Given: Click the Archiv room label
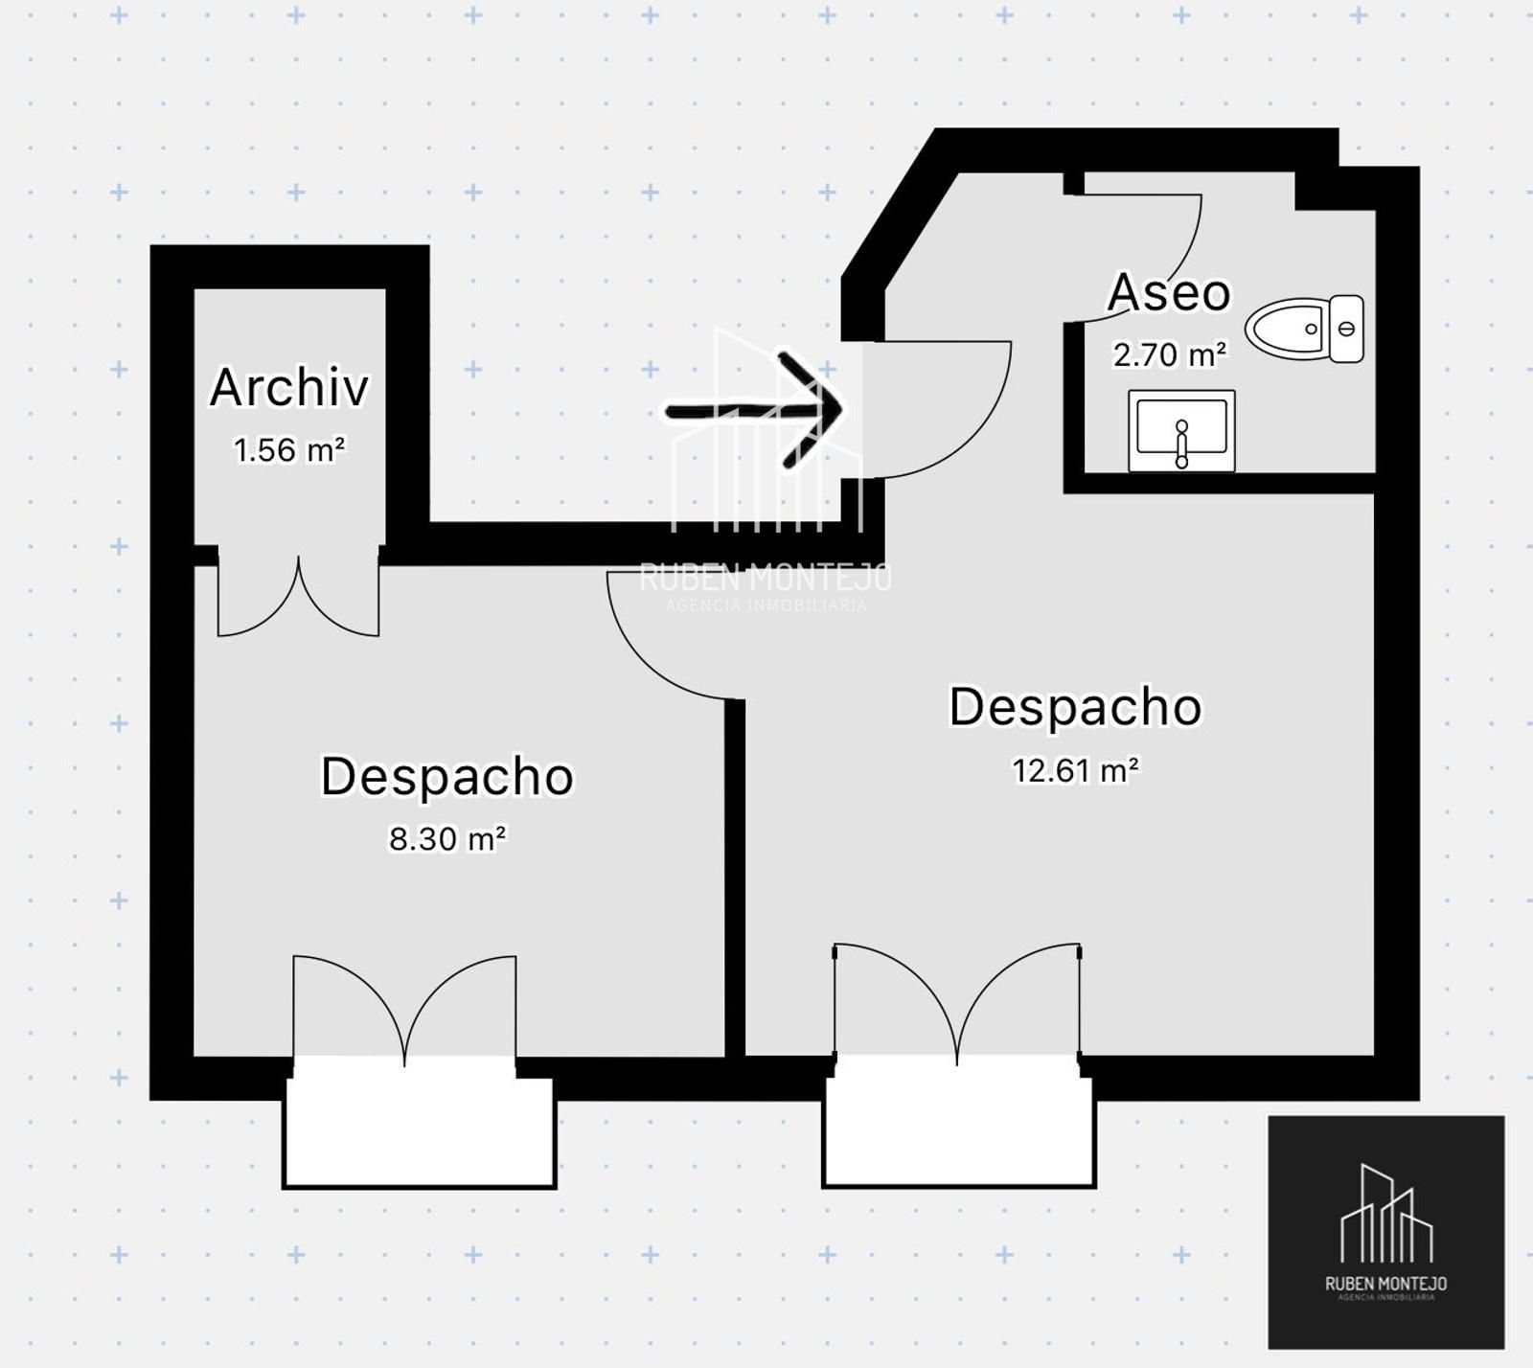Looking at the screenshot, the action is pyautogui.click(x=289, y=387).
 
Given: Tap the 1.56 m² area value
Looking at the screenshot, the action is pyautogui.click(x=289, y=449).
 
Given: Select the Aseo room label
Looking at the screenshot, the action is pyautogui.click(x=1169, y=292).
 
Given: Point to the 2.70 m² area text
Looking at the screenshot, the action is pyautogui.click(x=1169, y=354).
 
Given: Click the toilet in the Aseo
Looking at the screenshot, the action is pyautogui.click(x=1305, y=329).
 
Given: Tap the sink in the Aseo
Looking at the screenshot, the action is pyautogui.click(x=1181, y=431).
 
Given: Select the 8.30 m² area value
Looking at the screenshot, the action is pyautogui.click(x=447, y=838).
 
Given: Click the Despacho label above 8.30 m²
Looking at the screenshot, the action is pyautogui.click(x=447, y=776).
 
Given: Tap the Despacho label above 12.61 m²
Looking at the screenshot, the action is pyautogui.click(x=1075, y=707).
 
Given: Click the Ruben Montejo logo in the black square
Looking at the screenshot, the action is pyautogui.click(x=1386, y=1232).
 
